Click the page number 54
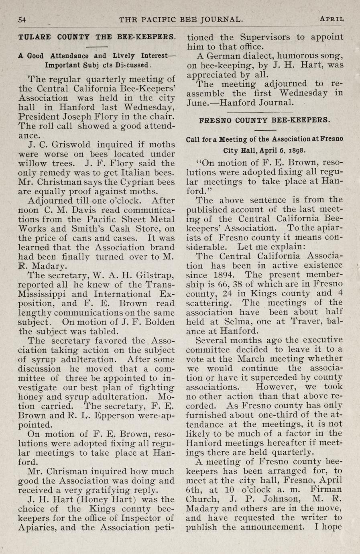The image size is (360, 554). (x=22, y=19)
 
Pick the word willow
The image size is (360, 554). (x=33, y=163)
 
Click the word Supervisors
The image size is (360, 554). (x=265, y=37)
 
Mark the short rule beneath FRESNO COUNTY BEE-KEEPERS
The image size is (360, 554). (x=265, y=130)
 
